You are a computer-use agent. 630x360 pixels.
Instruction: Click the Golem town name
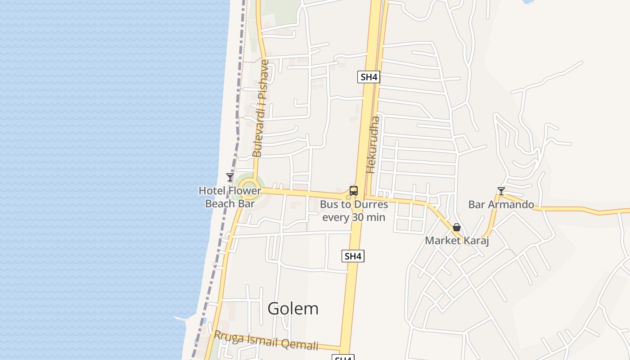[x=293, y=309]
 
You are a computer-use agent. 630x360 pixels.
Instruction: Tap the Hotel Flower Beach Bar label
[x=230, y=197]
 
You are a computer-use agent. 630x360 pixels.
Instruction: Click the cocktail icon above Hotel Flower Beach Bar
[x=230, y=177]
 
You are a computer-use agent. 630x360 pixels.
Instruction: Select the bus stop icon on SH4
[x=354, y=191]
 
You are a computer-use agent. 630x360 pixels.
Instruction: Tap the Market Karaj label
[x=457, y=241]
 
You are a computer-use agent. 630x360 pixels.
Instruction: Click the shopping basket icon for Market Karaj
[x=457, y=227]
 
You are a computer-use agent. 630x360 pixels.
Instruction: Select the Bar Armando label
[x=501, y=205]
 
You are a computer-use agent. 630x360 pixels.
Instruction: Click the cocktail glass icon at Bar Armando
[x=501, y=191]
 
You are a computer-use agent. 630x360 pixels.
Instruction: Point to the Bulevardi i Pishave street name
[x=261, y=108]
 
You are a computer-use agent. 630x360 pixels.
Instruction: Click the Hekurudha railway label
[x=373, y=144]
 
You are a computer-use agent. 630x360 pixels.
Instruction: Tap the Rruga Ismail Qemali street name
[x=266, y=341]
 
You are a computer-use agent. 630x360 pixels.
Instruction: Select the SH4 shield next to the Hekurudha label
[x=369, y=77]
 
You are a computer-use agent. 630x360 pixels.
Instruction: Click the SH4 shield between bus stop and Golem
[x=353, y=256]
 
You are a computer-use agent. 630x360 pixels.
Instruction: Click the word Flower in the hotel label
[x=245, y=191]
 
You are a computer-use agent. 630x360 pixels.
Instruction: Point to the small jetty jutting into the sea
[x=182, y=319]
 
